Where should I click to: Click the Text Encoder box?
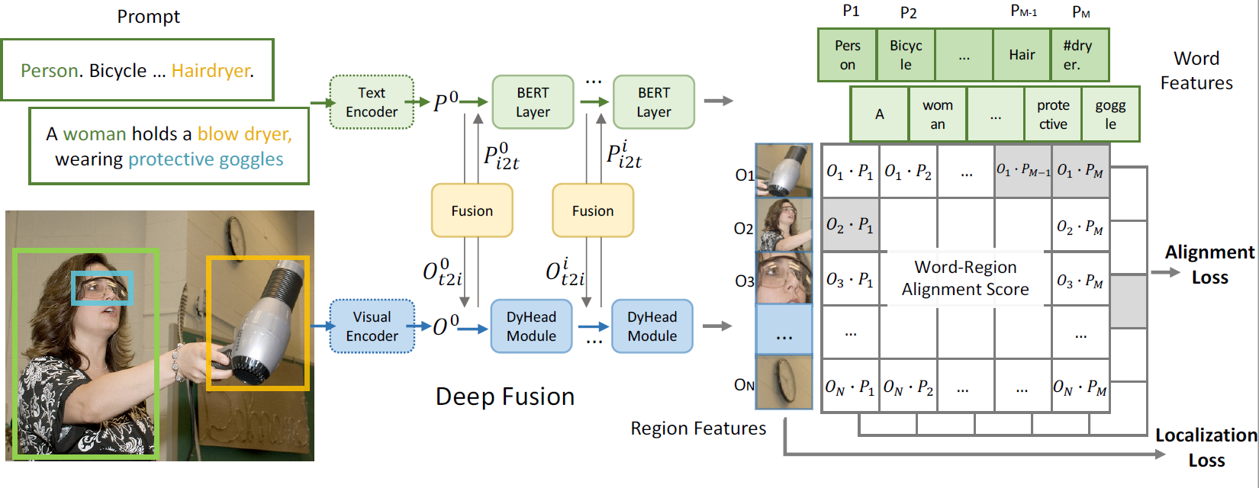[x=372, y=102]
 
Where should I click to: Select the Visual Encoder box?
[x=372, y=326]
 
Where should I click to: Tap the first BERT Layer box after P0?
[x=533, y=102]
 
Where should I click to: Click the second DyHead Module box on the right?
[x=652, y=326]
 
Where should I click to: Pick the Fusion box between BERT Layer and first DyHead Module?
[x=472, y=210]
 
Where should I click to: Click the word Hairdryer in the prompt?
[x=211, y=71]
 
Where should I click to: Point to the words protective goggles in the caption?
[x=205, y=159]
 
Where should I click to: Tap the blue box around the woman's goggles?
[x=102, y=288]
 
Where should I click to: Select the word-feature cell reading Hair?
[x=1022, y=55]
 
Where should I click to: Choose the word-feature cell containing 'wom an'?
[x=938, y=114]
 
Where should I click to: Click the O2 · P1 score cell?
[x=850, y=225]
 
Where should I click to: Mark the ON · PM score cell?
[x=1080, y=387]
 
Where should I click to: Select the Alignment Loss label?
[x=1209, y=265]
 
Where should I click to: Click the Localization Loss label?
[x=1206, y=448]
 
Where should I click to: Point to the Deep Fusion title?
[x=504, y=396]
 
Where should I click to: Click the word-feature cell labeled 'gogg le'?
[x=1110, y=114]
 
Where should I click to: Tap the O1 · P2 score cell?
[x=908, y=172]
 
